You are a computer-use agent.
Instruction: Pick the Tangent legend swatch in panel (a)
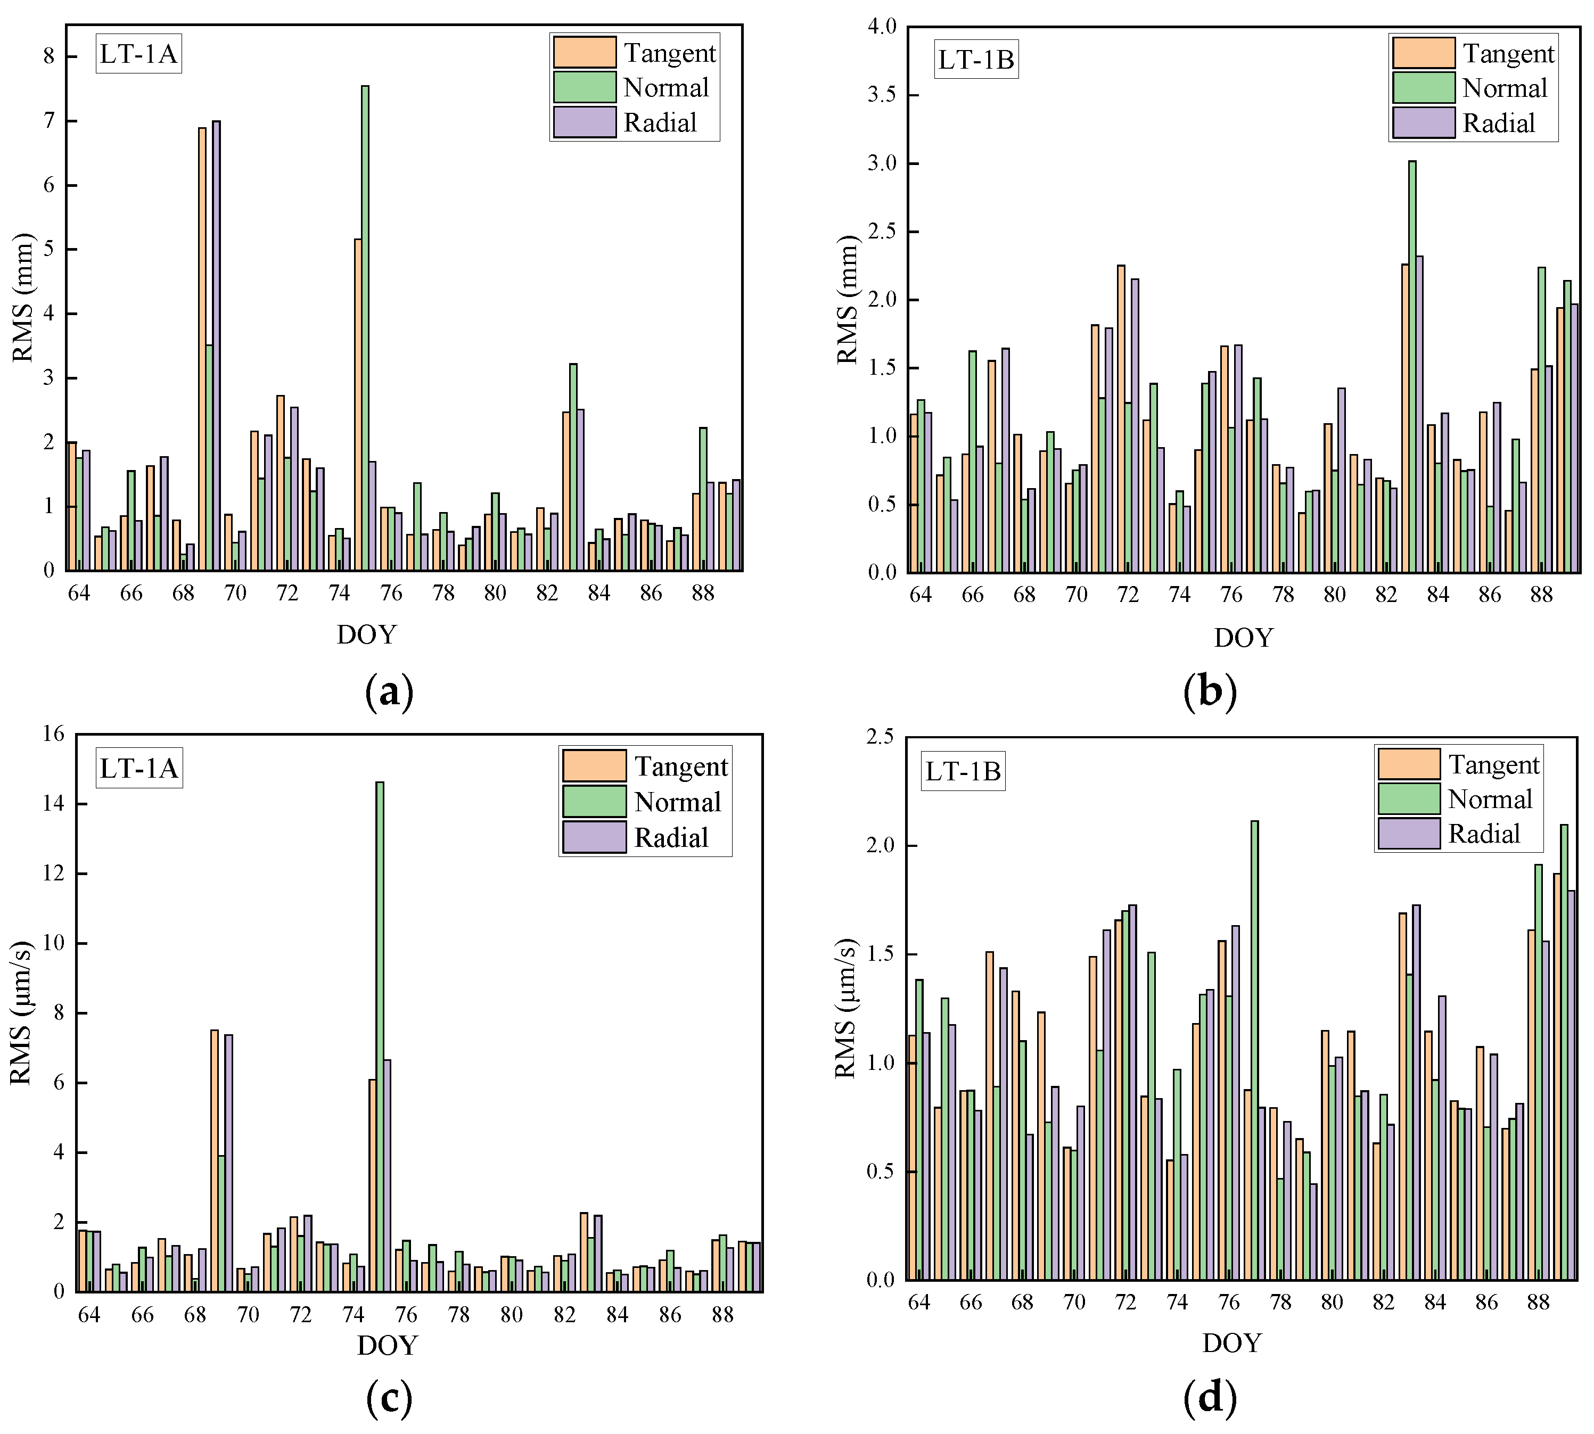[x=584, y=52]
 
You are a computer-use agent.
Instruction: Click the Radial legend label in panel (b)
[x=1499, y=123]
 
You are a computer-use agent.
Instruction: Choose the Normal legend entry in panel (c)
[x=677, y=802]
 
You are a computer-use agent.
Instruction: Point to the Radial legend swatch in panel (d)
[x=1409, y=833]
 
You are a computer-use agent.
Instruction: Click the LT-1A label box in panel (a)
[x=138, y=54]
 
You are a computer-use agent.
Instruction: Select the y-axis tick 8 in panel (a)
[x=49, y=56]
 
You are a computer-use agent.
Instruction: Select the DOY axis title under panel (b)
[x=1243, y=637]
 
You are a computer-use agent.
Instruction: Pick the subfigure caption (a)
[x=389, y=692]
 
